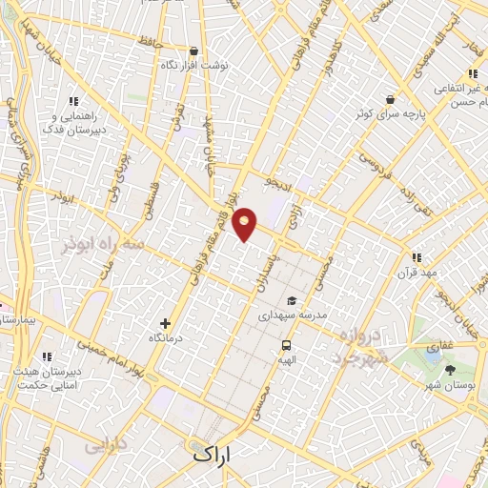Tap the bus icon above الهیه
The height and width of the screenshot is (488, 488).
[286, 345]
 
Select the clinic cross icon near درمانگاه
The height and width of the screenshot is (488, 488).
[166, 324]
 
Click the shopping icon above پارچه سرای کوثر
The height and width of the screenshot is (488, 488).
[389, 98]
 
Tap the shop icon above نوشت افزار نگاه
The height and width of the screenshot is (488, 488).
[194, 51]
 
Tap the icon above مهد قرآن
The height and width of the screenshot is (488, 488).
[416, 257]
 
